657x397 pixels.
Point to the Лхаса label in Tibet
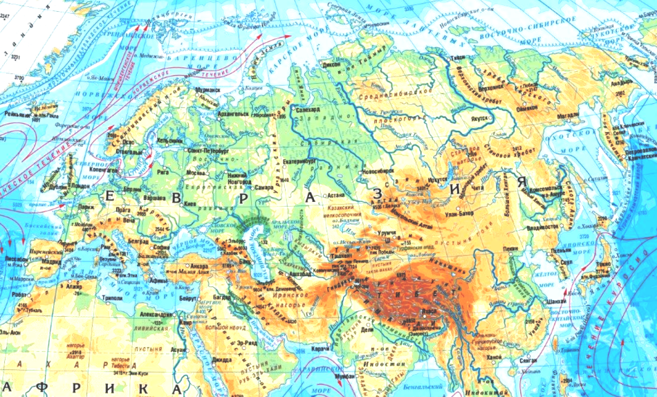pos(430,312)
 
